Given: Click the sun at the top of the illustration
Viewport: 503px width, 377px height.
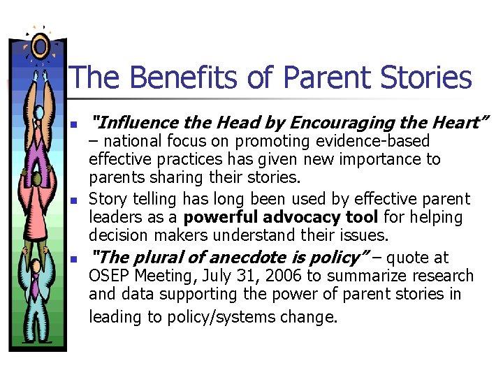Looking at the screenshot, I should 41,45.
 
